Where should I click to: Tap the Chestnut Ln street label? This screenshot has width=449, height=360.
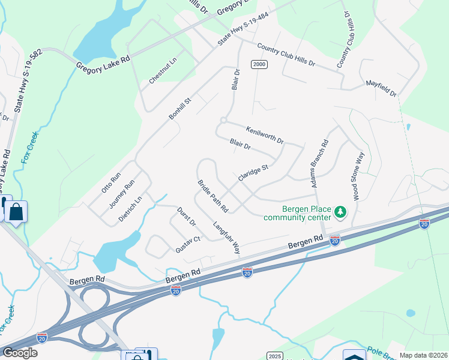click(x=163, y=71)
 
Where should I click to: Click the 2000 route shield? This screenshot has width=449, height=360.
click(x=259, y=65)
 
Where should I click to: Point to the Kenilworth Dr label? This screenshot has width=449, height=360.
click(x=265, y=134)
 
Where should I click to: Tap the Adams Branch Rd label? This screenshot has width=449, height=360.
click(x=319, y=164)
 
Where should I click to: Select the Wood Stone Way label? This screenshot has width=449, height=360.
click(x=358, y=176)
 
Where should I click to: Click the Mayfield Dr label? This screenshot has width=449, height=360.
click(x=381, y=90)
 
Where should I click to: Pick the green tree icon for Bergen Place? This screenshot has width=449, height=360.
click(x=340, y=212)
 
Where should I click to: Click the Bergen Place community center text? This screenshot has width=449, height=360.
click(x=297, y=212)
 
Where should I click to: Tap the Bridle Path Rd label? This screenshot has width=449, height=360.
click(x=213, y=196)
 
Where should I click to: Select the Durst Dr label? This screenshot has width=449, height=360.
click(x=187, y=217)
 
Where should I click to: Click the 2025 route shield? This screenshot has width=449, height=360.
click(x=274, y=356)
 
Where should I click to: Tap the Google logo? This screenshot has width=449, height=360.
click(x=20, y=353)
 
